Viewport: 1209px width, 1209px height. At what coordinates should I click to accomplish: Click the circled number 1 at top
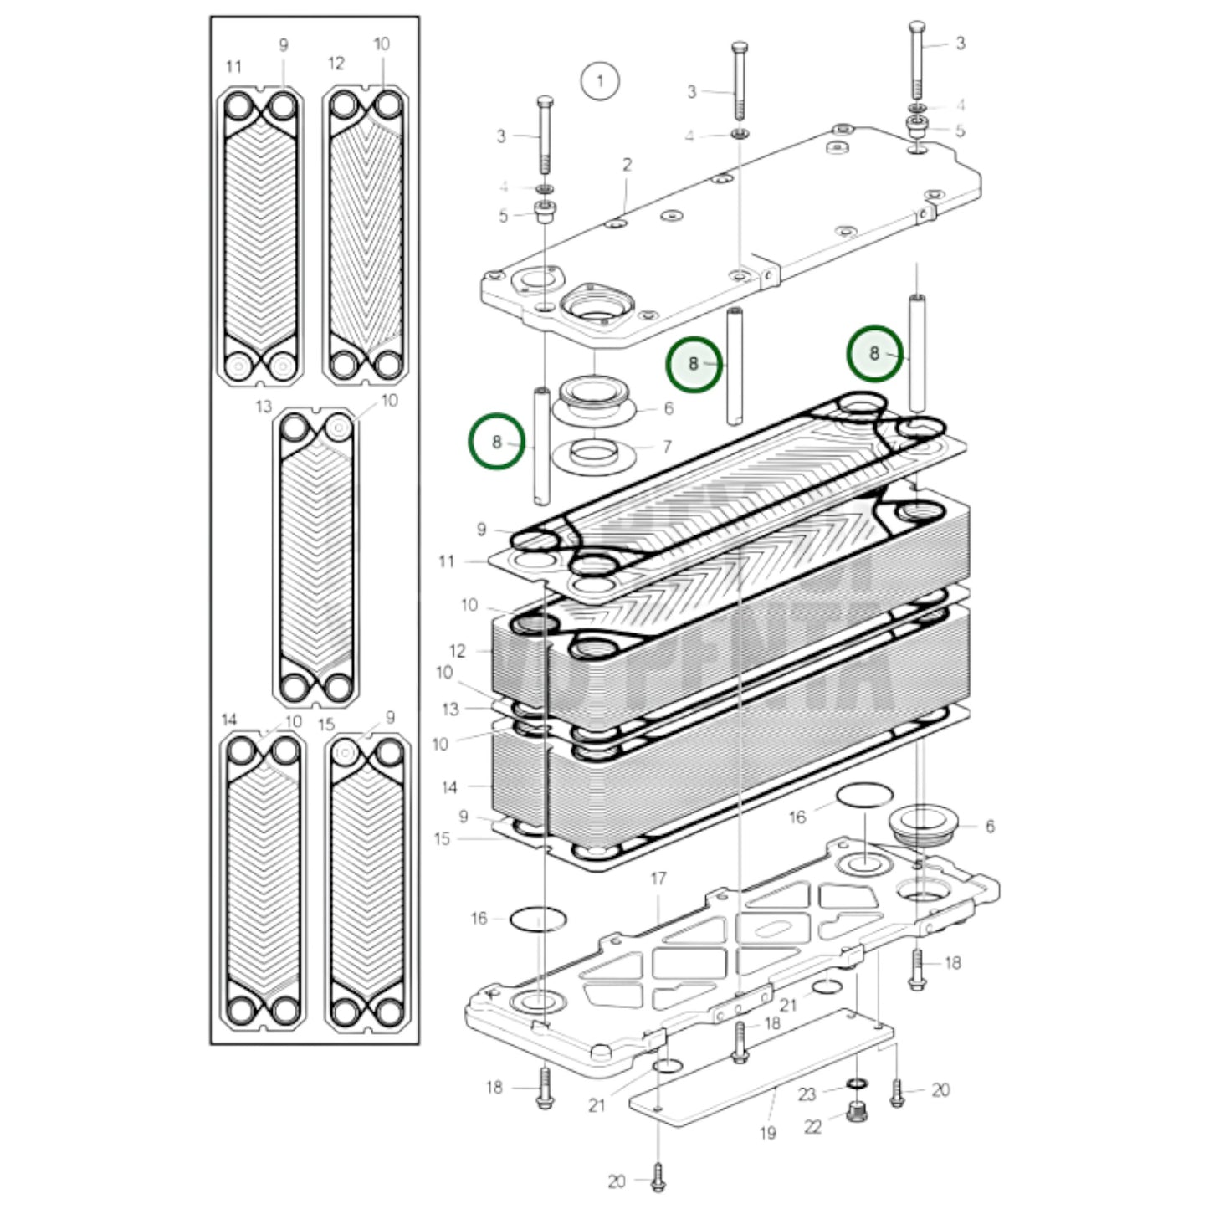click(x=599, y=81)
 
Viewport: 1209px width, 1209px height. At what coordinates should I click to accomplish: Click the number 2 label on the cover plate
click(x=627, y=165)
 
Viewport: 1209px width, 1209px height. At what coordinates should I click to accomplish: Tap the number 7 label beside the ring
click(x=667, y=447)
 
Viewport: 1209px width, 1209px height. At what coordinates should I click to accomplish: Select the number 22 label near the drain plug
click(x=812, y=1127)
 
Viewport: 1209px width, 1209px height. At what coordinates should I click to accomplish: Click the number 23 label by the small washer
click(x=806, y=1094)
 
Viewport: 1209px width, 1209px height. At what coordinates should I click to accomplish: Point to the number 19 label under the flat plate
click(x=767, y=1133)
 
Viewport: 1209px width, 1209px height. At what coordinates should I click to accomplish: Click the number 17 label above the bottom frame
click(x=658, y=879)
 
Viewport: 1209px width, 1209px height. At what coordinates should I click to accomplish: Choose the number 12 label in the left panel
click(x=336, y=63)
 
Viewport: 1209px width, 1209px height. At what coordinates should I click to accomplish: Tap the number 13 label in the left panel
click(x=264, y=407)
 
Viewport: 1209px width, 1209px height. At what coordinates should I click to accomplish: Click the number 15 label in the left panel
click(x=326, y=724)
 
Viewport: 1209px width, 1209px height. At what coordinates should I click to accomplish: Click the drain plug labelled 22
click(x=856, y=1112)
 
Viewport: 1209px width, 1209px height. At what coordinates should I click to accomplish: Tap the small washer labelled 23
click(x=856, y=1085)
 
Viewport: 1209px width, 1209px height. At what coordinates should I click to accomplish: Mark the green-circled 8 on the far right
click(x=874, y=353)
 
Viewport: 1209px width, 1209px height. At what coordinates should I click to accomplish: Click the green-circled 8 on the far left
click(x=496, y=441)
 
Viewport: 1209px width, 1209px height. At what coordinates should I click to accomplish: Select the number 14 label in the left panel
click(x=229, y=720)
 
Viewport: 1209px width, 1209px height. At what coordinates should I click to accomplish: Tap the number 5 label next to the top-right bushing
click(x=960, y=131)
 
